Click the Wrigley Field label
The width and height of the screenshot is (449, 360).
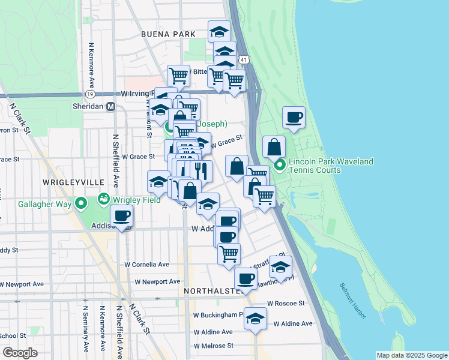138,200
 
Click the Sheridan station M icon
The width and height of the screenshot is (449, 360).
110,106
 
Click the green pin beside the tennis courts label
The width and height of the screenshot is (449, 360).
279,165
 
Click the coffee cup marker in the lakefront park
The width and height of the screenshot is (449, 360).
294,118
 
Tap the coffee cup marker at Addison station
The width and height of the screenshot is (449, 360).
122,215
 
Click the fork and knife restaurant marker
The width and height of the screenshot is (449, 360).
202,170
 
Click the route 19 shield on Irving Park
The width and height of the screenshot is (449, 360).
89,94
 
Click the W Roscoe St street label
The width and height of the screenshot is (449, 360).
286,304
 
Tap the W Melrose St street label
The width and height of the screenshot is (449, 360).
213,346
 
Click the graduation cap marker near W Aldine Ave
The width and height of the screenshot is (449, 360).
256,318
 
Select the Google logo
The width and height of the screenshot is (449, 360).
20,353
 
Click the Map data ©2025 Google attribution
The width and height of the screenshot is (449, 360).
411,355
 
